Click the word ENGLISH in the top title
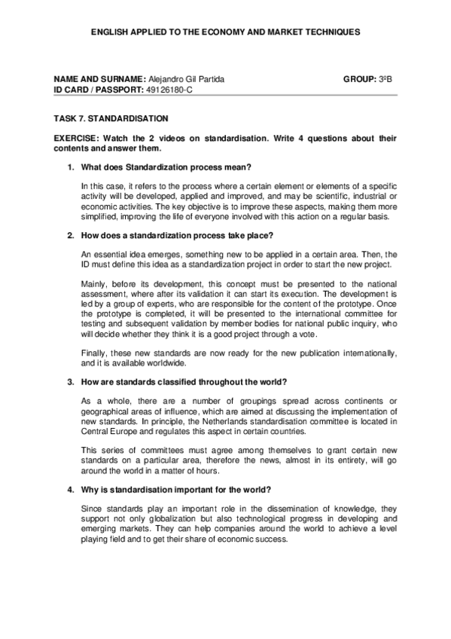coord(109,32)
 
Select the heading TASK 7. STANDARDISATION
coord(111,118)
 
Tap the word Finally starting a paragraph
coord(93,352)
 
